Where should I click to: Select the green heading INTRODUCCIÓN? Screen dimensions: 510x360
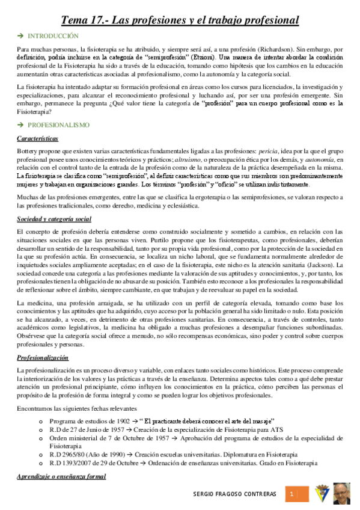tap(53, 36)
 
